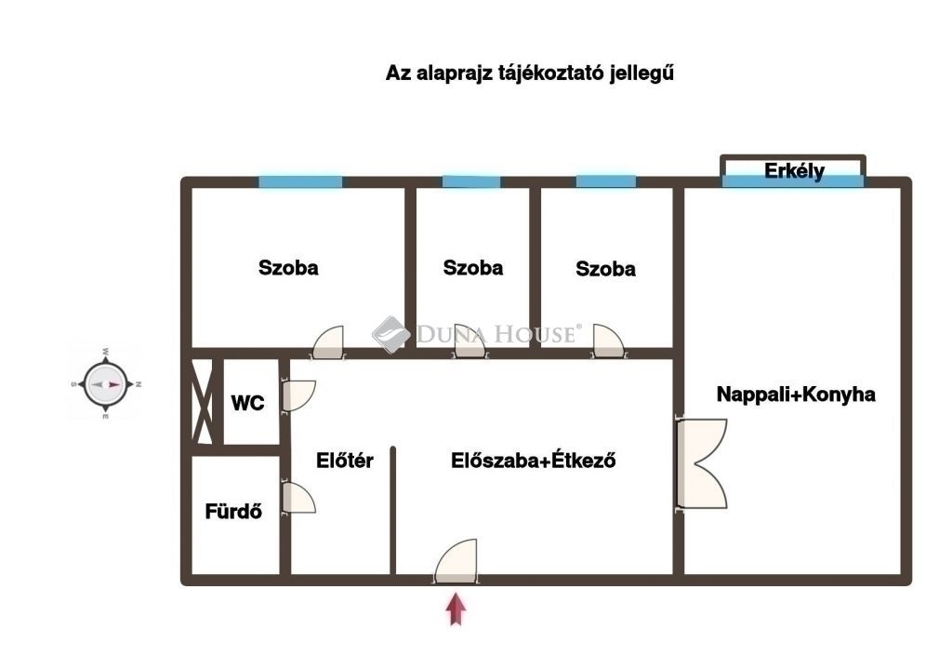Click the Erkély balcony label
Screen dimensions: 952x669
[794, 171]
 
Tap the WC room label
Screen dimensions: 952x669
[247, 403]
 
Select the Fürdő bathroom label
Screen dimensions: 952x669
[233, 512]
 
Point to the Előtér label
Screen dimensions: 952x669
[344, 461]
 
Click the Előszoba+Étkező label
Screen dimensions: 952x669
[533, 461]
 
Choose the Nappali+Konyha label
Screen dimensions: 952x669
[796, 395]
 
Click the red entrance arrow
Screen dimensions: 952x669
[456, 609]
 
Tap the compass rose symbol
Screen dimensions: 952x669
[106, 384]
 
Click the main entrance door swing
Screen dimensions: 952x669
[456, 561]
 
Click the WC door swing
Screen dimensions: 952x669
[297, 395]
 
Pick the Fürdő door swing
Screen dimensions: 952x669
[297, 497]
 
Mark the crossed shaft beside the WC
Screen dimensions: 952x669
[202, 402]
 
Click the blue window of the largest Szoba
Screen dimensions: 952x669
[300, 181]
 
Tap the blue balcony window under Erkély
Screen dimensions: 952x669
[792, 181]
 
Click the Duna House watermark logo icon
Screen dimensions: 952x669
[390, 334]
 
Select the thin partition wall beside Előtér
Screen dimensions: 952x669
[393, 511]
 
